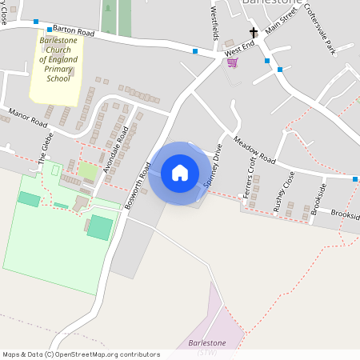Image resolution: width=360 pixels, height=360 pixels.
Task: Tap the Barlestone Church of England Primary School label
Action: [58, 59]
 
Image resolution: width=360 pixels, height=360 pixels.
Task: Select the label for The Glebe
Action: [45, 151]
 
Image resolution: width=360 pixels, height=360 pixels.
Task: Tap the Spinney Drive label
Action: [213, 170]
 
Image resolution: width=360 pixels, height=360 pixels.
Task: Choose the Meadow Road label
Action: [254, 150]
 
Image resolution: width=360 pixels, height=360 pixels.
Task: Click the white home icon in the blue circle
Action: [180, 173]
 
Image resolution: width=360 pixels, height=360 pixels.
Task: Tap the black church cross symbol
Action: [254, 33]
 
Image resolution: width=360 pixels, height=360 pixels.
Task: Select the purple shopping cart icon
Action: [232, 62]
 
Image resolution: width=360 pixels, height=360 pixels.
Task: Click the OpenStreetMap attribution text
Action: [81, 354]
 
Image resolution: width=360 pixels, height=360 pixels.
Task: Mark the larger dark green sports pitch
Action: [100, 226]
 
